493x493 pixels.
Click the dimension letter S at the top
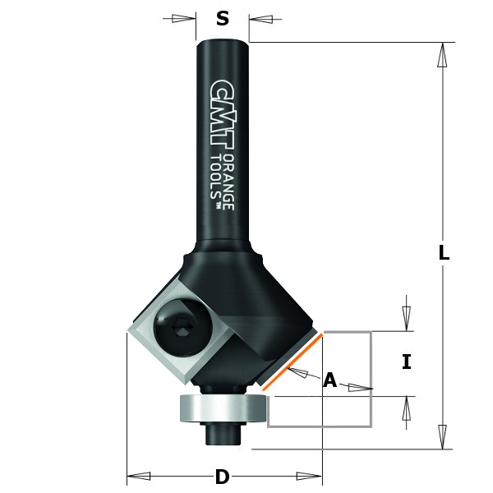223,19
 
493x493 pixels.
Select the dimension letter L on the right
443,254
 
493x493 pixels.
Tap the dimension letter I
406,362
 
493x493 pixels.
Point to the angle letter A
330,380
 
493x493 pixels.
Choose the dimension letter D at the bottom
222,477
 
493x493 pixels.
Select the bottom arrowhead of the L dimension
443,436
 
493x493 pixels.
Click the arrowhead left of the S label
186,19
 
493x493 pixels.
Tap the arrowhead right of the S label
260,19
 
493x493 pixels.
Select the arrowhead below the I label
406,409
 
